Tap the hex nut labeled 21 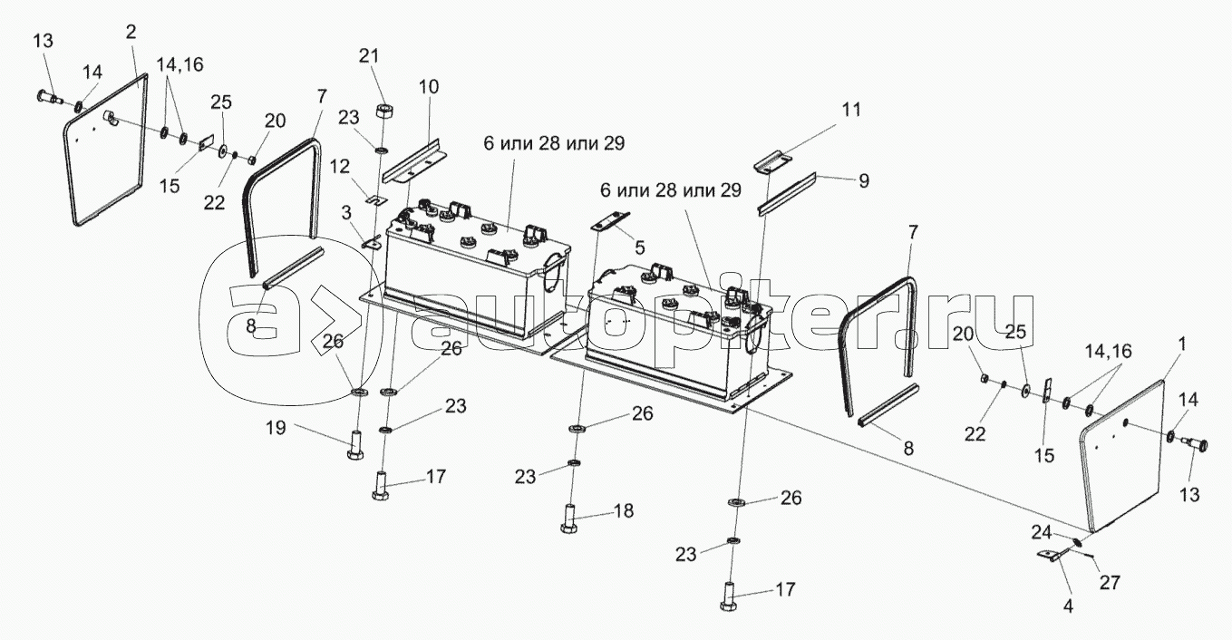point(383,112)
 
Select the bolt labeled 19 point(354,446)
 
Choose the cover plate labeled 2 point(104,150)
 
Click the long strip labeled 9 point(789,194)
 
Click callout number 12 point(338,166)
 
